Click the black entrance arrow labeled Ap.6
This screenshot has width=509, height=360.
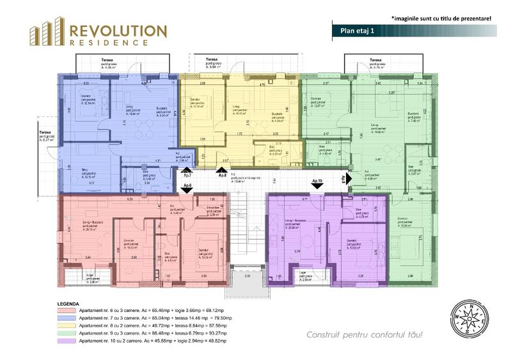[187, 189]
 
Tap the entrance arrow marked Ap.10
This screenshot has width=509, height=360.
[317, 186]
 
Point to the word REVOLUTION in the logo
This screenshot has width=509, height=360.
[119, 29]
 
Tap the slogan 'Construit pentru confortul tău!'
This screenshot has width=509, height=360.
[365, 335]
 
